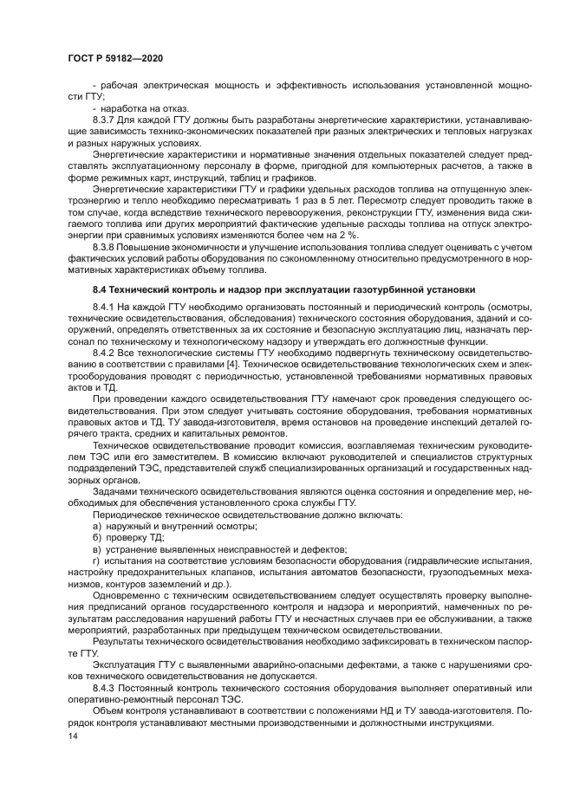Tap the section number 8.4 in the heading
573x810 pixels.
click(102, 288)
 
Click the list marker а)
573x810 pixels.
click(97, 526)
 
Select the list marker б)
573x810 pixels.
click(97, 537)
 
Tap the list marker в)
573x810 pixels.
click(97, 548)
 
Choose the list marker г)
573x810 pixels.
click(97, 560)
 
